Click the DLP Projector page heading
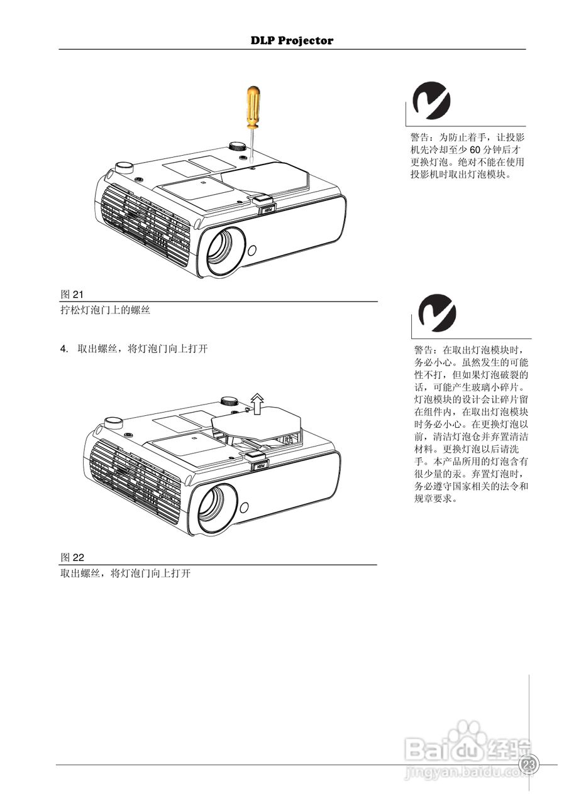[292, 41]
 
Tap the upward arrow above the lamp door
[257, 401]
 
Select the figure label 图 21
[72, 294]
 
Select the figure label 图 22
[72, 557]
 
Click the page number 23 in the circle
[529, 764]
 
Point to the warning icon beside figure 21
[431, 102]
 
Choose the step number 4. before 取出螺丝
[64, 349]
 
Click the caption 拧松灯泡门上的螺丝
[105, 310]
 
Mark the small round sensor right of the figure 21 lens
[253, 249]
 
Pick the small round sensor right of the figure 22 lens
[244, 506]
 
